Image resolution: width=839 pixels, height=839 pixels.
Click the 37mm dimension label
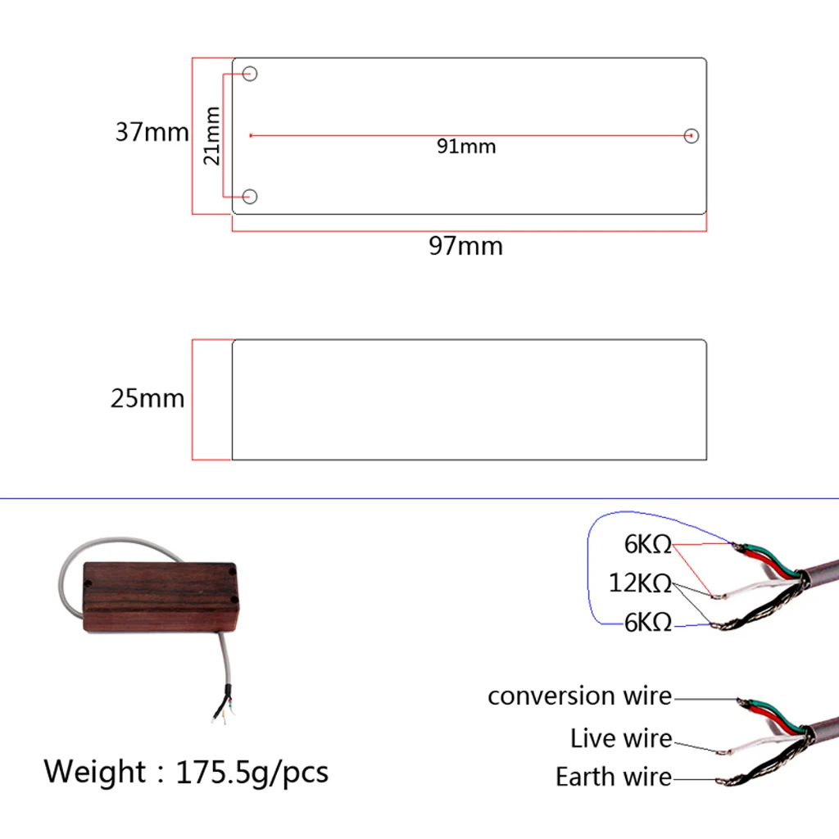click(x=152, y=132)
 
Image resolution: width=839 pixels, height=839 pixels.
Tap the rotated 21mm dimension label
click(x=212, y=136)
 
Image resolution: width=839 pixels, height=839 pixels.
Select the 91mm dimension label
click(x=466, y=147)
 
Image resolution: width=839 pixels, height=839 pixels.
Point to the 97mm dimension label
click(x=465, y=246)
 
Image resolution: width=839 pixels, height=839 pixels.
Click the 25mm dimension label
click(x=147, y=399)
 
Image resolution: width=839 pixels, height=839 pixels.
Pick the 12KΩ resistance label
click(x=640, y=583)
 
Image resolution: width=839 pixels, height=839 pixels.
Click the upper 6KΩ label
click(x=647, y=545)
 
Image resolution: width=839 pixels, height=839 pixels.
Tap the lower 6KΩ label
click(x=647, y=623)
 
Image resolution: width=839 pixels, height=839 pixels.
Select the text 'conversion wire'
click(x=579, y=696)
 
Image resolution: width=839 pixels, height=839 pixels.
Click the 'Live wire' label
click(x=621, y=738)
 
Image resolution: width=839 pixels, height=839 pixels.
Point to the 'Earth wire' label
click(x=613, y=777)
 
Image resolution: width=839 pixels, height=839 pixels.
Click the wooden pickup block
click(x=161, y=596)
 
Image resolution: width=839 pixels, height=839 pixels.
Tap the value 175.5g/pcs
click(x=252, y=773)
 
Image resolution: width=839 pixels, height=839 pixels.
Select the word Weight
click(x=94, y=773)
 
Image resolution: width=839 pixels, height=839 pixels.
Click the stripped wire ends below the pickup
click(x=223, y=707)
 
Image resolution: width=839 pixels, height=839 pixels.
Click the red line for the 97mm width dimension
click(x=469, y=231)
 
